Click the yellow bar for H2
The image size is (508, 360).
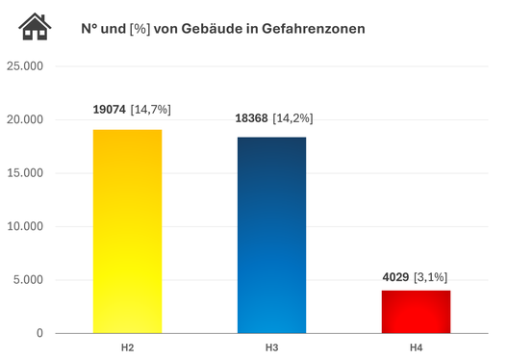coord(128,231)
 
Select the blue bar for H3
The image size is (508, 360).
coord(271,235)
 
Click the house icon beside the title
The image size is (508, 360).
coord(36,27)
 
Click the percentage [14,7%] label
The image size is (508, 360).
coord(151,110)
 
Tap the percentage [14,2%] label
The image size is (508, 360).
coord(294,117)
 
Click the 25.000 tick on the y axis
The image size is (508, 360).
coord(25,66)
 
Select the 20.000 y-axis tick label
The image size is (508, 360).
coord(25,120)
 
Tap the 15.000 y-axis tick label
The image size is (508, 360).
coord(25,173)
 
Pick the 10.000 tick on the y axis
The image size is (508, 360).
coord(25,227)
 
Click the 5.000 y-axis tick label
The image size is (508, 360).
coord(29,280)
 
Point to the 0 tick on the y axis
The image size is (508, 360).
coord(40,334)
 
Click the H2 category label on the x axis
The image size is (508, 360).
coord(128,345)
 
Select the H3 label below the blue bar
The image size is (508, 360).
coord(271,345)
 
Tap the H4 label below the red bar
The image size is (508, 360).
coord(416,345)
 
